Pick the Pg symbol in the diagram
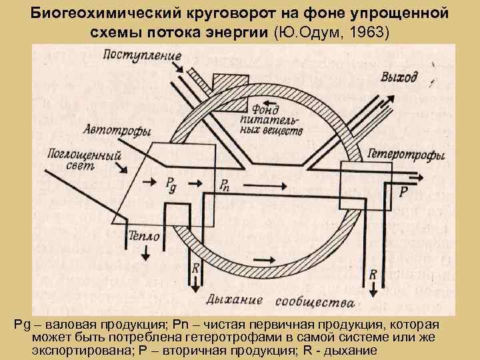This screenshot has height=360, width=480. point(172,185)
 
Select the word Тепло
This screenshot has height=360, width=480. point(145,237)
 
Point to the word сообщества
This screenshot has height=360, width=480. point(315,301)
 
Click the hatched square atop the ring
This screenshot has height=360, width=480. point(229,83)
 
